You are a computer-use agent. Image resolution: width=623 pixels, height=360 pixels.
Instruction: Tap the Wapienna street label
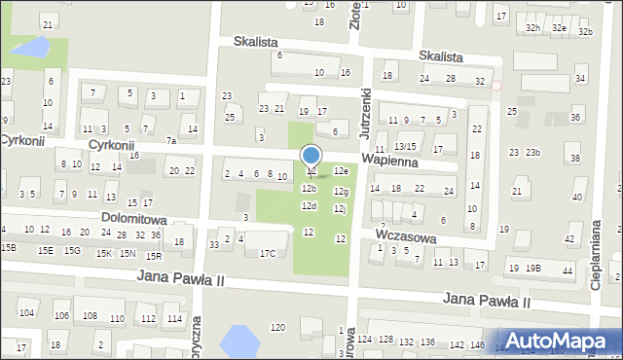[x=389, y=162]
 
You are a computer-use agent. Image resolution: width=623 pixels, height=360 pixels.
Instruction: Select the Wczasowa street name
[x=405, y=236]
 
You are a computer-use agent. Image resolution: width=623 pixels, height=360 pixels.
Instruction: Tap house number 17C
[x=268, y=254]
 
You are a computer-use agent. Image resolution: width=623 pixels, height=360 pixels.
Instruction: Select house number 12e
[x=341, y=171]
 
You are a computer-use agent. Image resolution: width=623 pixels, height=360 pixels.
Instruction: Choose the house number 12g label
[x=340, y=192]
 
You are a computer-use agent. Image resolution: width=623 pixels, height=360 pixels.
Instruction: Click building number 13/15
[x=405, y=146]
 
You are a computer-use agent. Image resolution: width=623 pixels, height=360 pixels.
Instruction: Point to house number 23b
[x=532, y=153]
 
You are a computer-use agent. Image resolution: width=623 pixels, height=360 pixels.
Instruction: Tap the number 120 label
[x=277, y=327]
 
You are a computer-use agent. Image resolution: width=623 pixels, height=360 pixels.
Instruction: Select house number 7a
[x=171, y=141]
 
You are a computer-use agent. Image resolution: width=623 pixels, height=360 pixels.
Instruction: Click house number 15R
[x=153, y=256]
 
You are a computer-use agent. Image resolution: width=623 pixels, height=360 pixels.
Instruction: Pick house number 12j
[x=340, y=208]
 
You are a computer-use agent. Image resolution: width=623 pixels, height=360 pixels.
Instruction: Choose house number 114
[x=173, y=319]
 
